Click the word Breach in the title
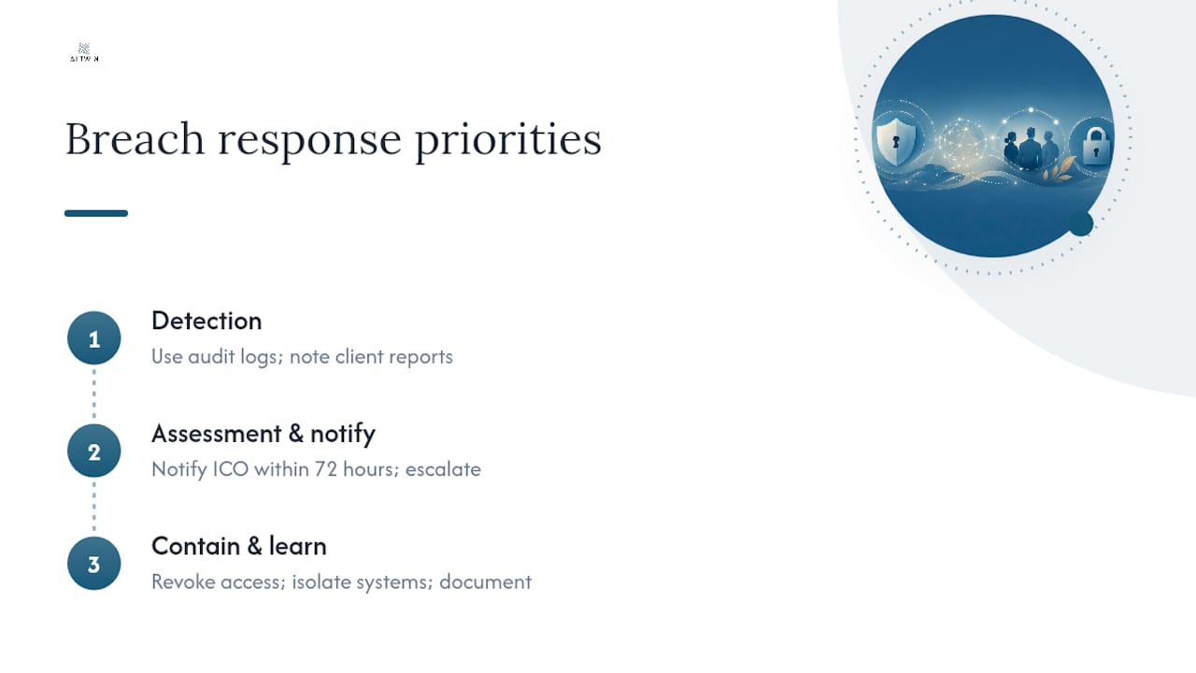(135, 139)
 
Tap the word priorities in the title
(508, 140)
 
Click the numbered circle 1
(94, 338)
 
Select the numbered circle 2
(94, 451)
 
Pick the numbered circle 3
(94, 564)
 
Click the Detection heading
(206, 321)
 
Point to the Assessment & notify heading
(263, 435)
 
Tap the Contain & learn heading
(238, 547)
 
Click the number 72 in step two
(326, 469)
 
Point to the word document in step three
(485, 582)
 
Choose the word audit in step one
(211, 357)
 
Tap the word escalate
(443, 469)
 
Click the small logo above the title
(84, 52)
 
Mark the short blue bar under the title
(96, 214)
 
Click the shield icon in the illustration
(895, 141)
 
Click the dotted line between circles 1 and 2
(94, 394)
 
